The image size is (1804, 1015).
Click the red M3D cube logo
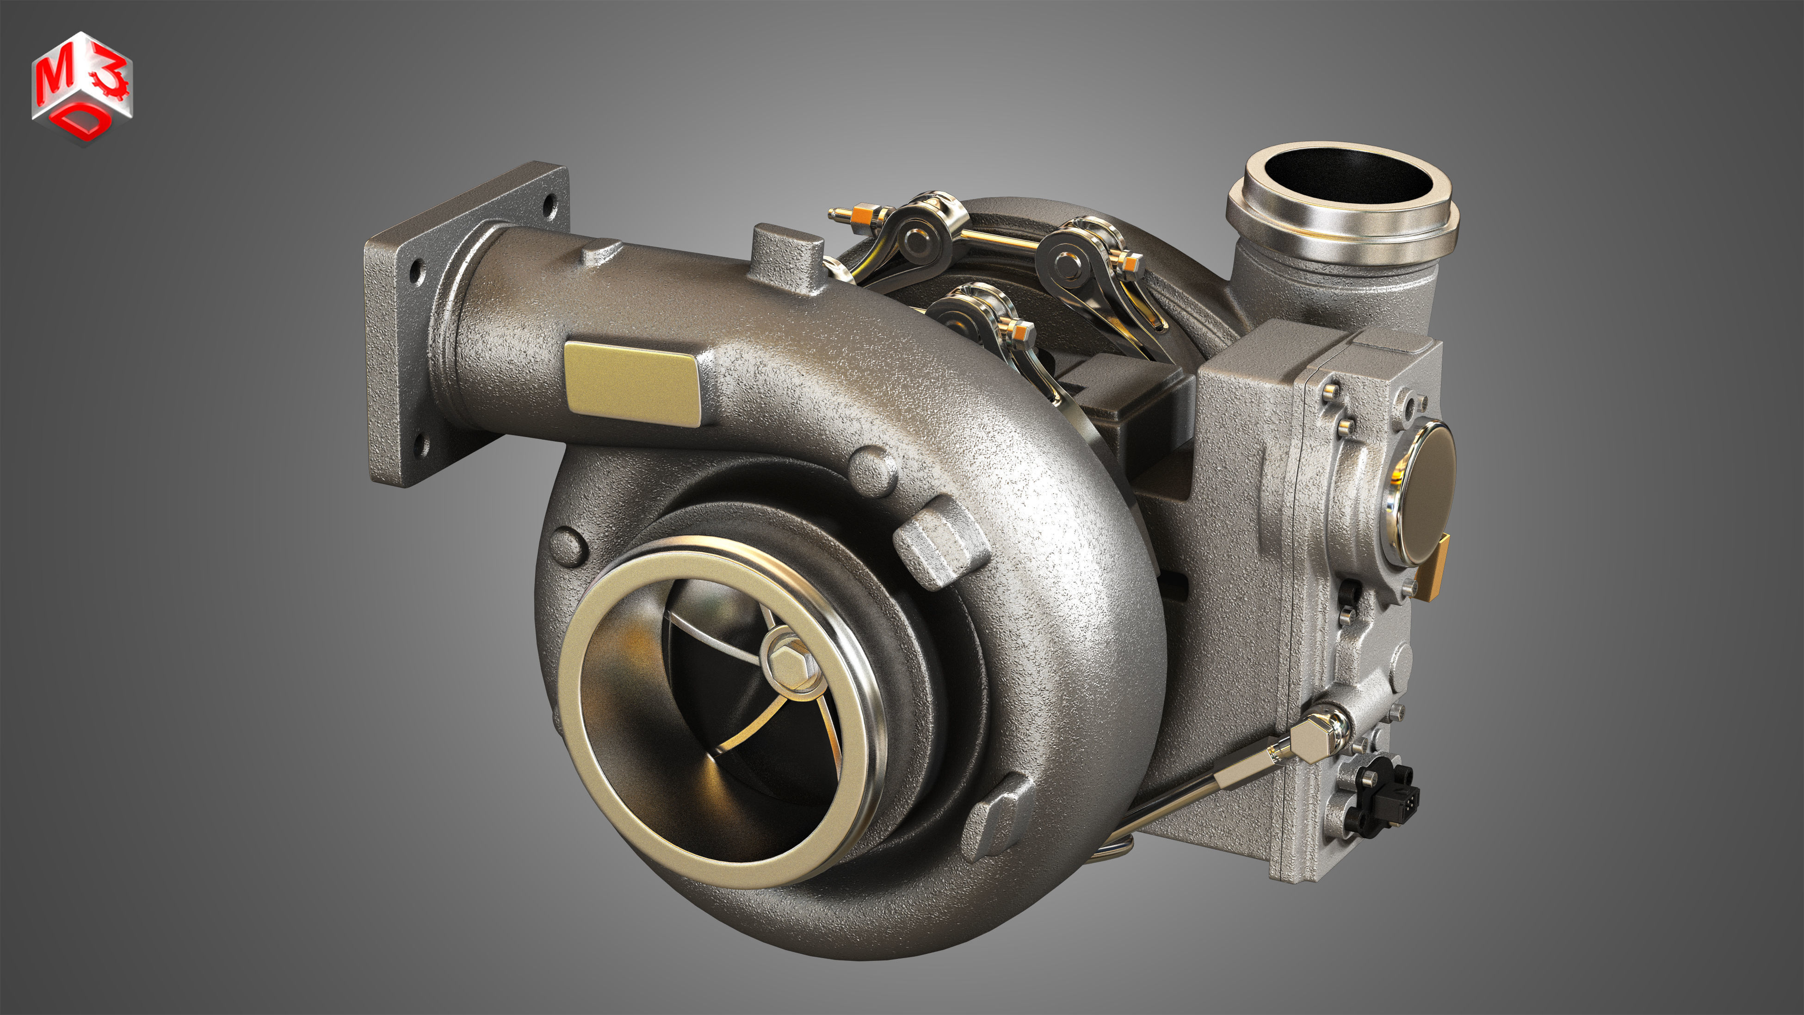pyautogui.click(x=82, y=87)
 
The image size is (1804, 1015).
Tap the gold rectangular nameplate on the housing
pyautogui.click(x=632, y=383)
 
